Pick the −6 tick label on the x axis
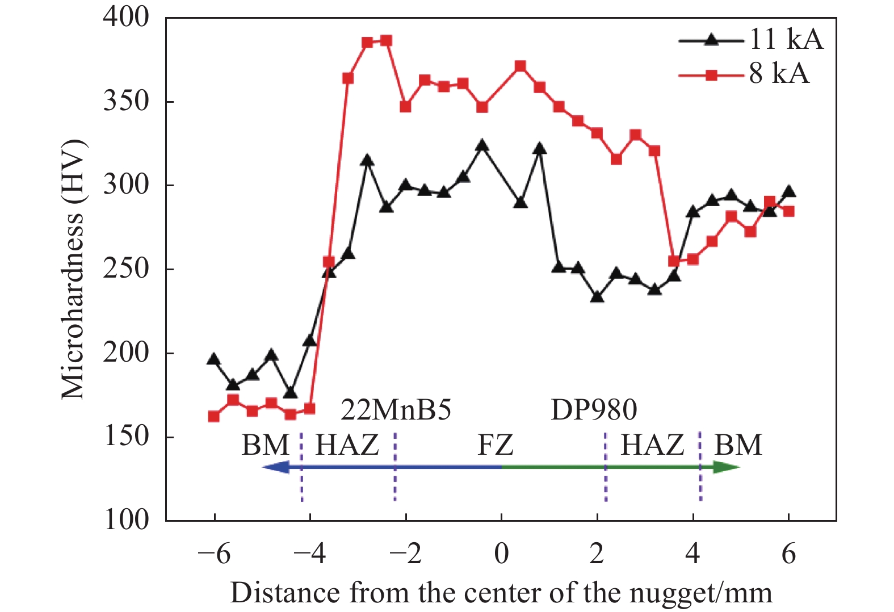(x=214, y=554)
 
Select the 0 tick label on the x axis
(x=501, y=554)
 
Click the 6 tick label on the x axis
(x=788, y=554)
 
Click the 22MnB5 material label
(x=396, y=409)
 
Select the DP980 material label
(x=594, y=409)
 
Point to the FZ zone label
(x=495, y=445)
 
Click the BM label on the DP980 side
(x=737, y=445)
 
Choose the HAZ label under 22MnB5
(x=347, y=445)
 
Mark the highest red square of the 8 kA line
(x=386, y=41)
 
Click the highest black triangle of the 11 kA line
(x=482, y=146)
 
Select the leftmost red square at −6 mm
(x=214, y=416)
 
